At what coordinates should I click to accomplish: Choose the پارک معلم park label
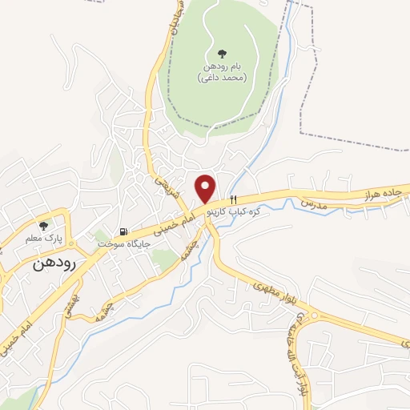tap(42, 238)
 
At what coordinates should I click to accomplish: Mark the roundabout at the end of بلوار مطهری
tap(314, 316)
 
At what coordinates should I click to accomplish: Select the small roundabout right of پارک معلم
tap(71, 241)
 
